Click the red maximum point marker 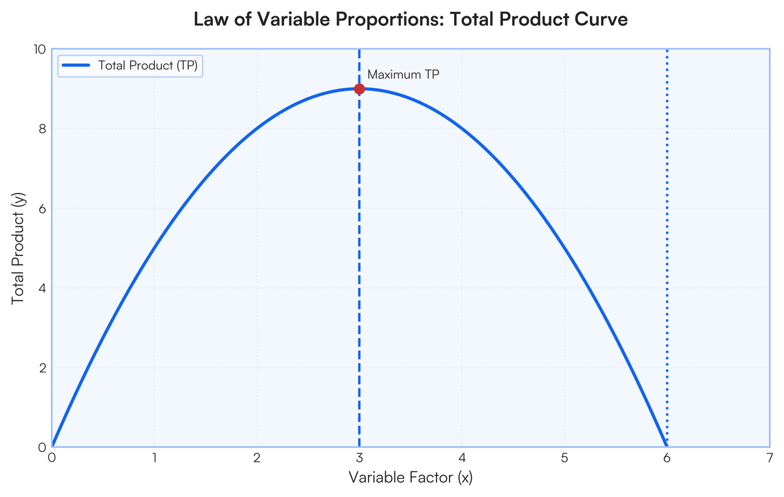click(359, 89)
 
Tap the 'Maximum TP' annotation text click(403, 74)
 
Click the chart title click(410, 19)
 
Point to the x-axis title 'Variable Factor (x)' click(410, 477)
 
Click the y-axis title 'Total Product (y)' click(18, 248)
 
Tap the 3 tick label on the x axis click(359, 458)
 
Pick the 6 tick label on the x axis click(667, 458)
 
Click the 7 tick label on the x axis click(770, 458)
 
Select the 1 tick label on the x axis click(154, 458)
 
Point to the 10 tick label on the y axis click(40, 50)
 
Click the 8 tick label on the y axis click(42, 129)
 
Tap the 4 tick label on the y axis click(42, 288)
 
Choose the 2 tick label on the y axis click(42, 368)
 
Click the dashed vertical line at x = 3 click(359, 248)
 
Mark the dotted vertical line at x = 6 click(667, 248)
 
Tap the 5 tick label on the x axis click(564, 458)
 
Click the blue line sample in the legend click(76, 65)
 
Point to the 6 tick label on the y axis click(42, 208)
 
